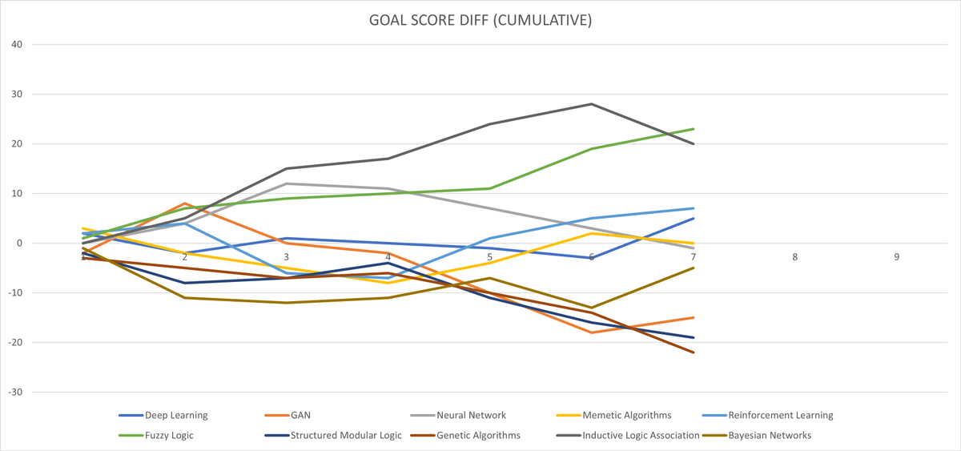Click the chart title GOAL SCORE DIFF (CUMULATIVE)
click(x=480, y=20)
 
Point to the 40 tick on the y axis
click(x=17, y=45)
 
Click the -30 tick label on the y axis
click(x=15, y=393)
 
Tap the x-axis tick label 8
click(x=795, y=257)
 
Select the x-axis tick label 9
click(x=897, y=257)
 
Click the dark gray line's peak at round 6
click(x=592, y=104)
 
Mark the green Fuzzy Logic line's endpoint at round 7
click(x=694, y=129)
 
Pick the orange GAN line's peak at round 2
click(x=185, y=203)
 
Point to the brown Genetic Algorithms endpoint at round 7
click(x=694, y=352)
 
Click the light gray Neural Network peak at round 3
click(x=287, y=183)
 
